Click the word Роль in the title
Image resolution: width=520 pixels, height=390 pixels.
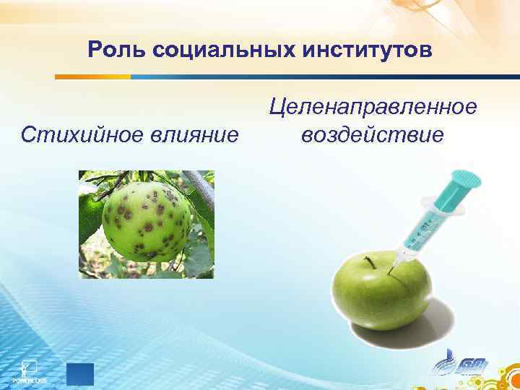[x=110, y=50]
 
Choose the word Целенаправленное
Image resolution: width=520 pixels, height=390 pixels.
[x=373, y=108]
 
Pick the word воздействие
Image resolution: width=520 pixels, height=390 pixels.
[x=373, y=135]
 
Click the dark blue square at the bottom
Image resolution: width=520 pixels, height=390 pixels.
[x=79, y=375]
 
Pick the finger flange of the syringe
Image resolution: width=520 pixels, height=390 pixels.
[x=442, y=201]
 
